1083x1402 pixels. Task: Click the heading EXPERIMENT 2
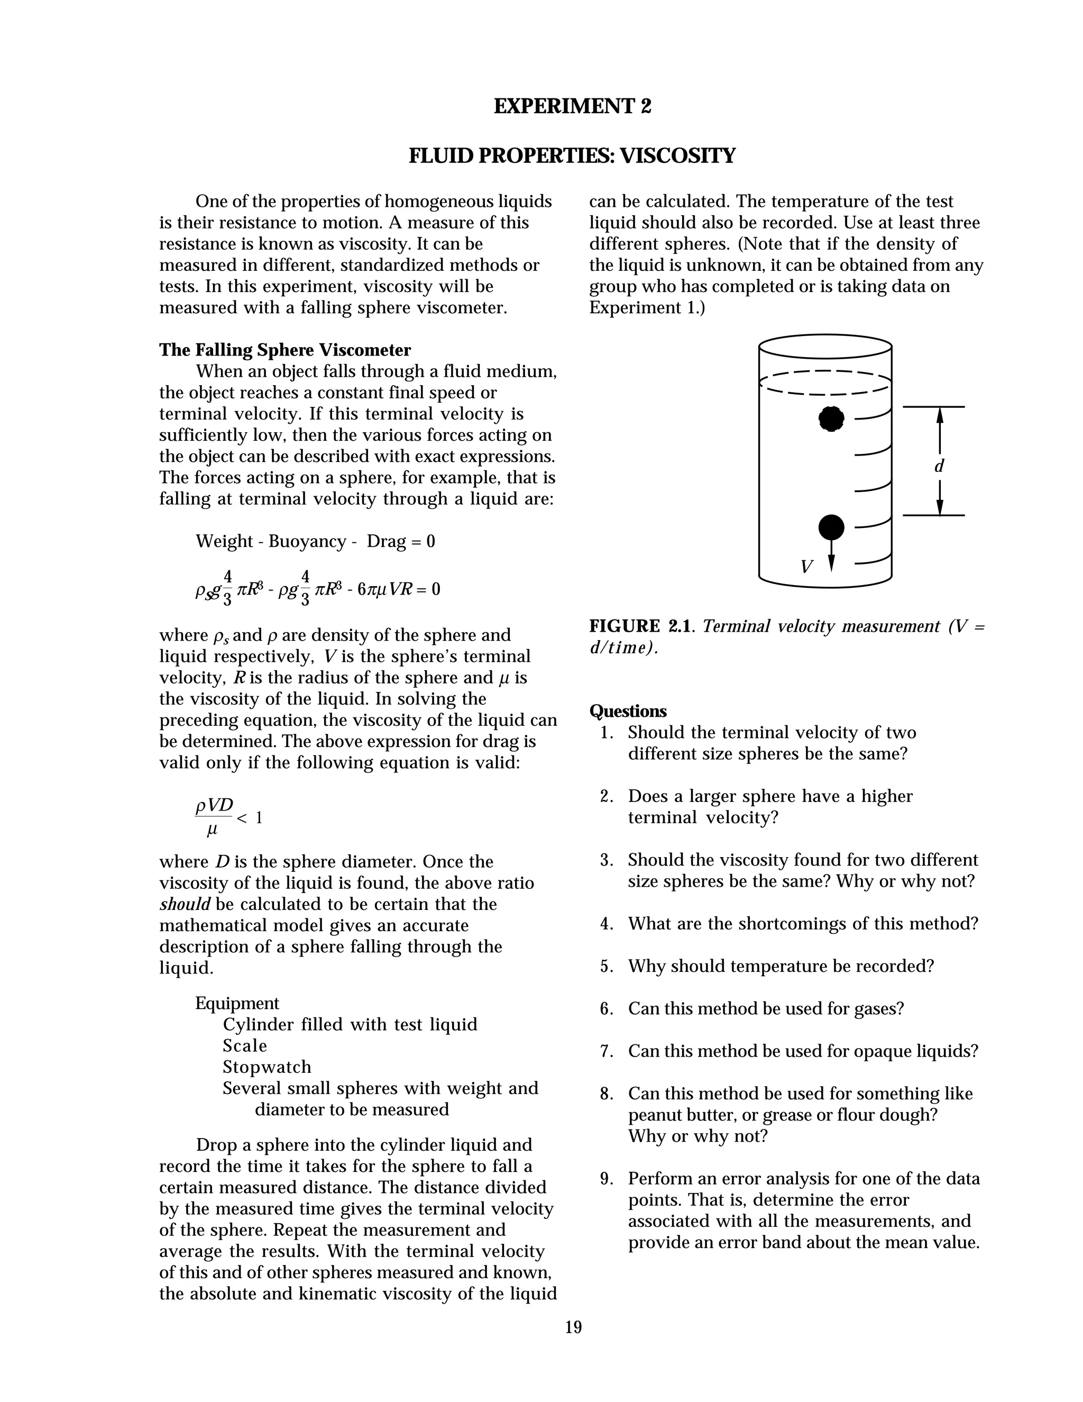pos(572,106)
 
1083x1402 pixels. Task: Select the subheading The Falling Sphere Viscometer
pos(285,350)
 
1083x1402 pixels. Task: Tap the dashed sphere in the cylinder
pos(831,419)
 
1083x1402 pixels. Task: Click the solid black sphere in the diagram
pos(831,527)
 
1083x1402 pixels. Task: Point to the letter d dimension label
pos(939,466)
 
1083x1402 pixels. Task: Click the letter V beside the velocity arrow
pos(806,567)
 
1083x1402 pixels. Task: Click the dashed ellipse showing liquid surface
pos(825,383)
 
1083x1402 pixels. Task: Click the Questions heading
pos(628,711)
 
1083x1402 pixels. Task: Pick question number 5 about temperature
pos(780,966)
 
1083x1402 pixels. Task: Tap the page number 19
pos(573,1327)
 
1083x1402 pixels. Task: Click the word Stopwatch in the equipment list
pos(267,1067)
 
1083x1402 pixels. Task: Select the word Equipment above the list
pos(237,1003)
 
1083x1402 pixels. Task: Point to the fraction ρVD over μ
pos(214,817)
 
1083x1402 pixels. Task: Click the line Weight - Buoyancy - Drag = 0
pos(315,541)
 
